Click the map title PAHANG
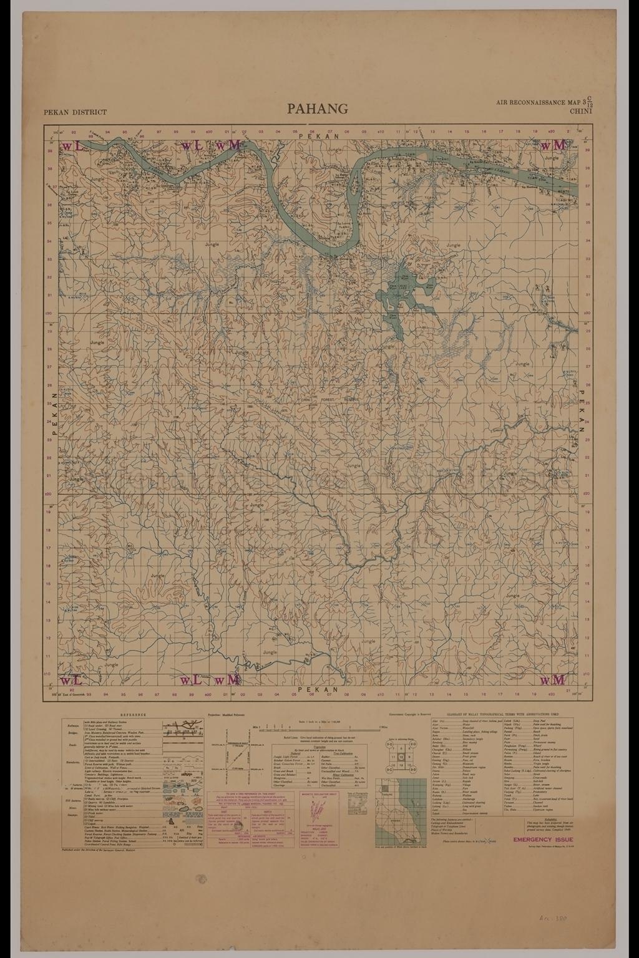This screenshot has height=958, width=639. pos(318,109)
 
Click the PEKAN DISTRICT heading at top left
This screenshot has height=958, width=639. pos(75,113)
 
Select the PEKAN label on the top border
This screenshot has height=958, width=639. pos(318,135)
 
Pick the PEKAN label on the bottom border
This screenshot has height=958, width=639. pos(318,689)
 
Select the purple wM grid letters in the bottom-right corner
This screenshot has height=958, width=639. pos(553,679)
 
